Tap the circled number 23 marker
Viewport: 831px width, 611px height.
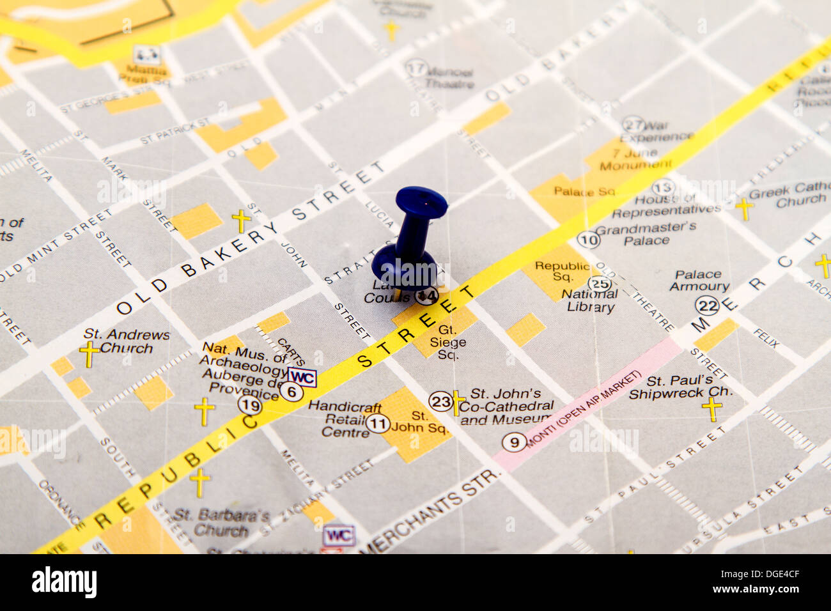(440, 401)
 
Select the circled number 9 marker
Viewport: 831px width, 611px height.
(513, 442)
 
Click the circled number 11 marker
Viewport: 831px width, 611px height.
(378, 423)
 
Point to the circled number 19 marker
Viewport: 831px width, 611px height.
(250, 405)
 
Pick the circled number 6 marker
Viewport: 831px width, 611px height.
(291, 391)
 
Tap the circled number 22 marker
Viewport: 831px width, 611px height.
(708, 305)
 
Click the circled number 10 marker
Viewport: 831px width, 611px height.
(588, 240)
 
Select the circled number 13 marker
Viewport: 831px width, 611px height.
(663, 188)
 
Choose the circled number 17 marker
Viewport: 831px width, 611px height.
(416, 68)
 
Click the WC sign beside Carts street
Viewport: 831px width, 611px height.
(302, 377)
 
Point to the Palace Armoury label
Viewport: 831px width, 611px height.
(699, 281)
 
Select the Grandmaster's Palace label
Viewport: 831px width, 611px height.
(646, 233)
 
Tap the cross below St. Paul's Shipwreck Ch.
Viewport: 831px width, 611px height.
(711, 409)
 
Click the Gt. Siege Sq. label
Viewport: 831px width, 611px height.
(447, 342)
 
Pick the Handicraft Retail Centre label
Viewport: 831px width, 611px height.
(345, 419)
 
